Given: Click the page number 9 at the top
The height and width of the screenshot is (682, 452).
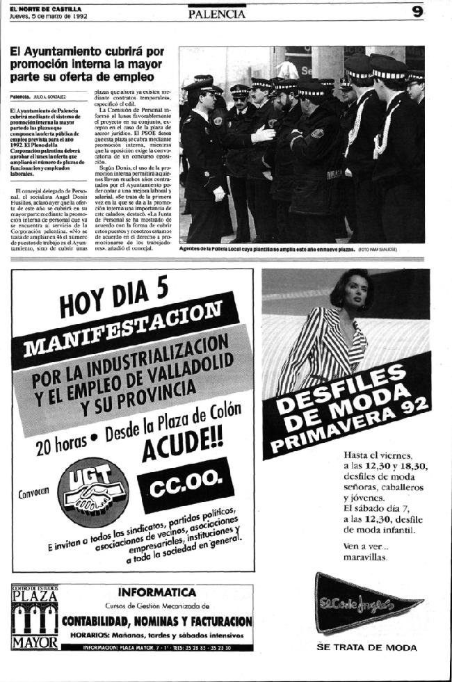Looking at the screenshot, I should coord(417,12).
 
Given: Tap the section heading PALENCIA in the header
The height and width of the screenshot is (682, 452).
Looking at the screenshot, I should coord(216,13).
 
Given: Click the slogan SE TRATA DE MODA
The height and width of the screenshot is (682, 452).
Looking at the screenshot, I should coord(366,647).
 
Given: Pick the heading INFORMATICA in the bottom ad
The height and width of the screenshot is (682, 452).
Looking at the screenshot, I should coord(157,592).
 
